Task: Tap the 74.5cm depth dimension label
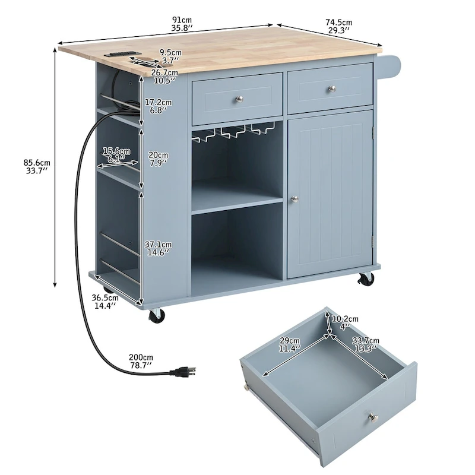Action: pos(337,27)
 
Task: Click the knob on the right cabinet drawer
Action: pos(330,89)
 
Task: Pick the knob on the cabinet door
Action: pos(293,200)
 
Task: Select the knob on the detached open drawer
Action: pos(372,417)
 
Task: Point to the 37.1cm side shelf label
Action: pos(159,248)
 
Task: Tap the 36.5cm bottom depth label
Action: pos(104,302)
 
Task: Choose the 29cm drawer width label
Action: pos(290,344)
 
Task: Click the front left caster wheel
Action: pos(157,316)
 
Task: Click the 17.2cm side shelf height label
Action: pos(159,106)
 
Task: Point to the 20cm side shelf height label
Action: pos(159,159)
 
